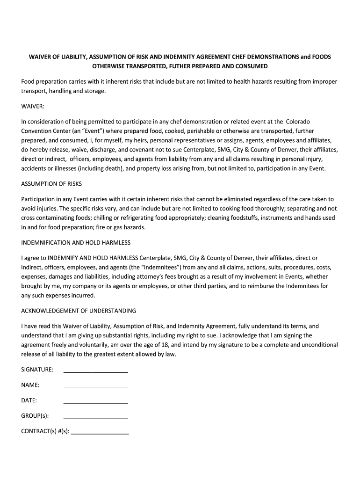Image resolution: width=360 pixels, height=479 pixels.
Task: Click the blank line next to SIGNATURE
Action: pos(95,372)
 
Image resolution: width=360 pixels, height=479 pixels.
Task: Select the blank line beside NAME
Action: pos(95,387)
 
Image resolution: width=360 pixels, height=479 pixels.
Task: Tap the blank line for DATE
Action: pos(95,403)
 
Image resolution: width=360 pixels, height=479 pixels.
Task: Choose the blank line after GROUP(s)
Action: pos(95,418)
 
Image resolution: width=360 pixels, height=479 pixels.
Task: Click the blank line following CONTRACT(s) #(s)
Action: pos(100,434)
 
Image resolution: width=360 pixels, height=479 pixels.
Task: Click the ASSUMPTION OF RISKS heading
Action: pos(51,184)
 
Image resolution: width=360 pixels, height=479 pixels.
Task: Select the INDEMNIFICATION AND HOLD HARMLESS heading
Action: pos(76,243)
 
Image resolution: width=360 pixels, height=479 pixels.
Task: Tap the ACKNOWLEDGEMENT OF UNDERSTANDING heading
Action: pos(79,311)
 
